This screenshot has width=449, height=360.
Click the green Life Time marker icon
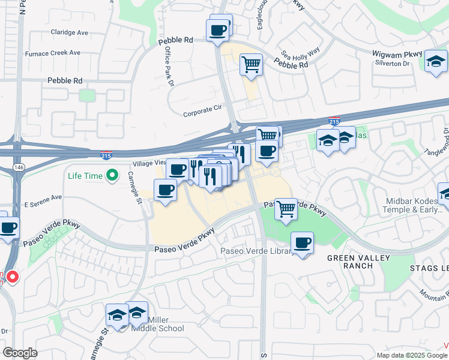[x=111, y=175]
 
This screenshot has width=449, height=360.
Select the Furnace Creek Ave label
[x=53, y=53]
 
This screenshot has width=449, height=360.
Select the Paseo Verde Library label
[x=257, y=251]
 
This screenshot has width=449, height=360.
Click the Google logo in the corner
[x=20, y=353]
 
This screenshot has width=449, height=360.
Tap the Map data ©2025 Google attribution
[x=411, y=355]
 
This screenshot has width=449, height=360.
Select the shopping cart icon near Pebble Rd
[x=252, y=63]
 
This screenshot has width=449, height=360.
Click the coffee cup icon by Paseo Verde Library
[x=303, y=242]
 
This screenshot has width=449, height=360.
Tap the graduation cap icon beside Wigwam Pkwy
[x=436, y=61]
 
